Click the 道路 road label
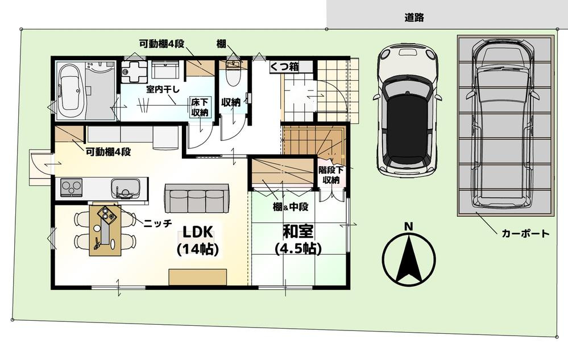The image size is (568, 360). [414, 18]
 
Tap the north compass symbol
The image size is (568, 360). [408, 256]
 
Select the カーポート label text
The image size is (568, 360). [525, 233]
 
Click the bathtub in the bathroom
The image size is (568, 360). [71, 89]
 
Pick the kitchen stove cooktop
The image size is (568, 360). [71, 187]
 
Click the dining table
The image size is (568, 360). [105, 230]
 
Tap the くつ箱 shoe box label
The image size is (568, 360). [284, 67]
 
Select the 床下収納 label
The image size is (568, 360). [200, 107]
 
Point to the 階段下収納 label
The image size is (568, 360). [330, 175]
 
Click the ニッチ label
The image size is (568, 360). [158, 224]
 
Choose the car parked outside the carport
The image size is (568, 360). [408, 110]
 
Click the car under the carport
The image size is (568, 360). [504, 125]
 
